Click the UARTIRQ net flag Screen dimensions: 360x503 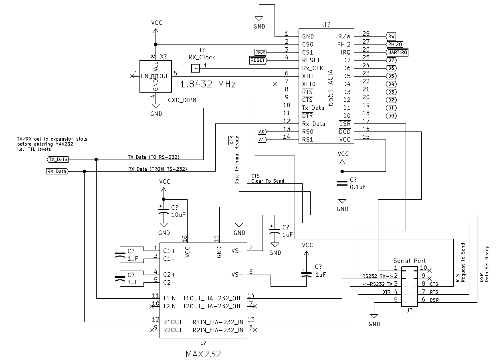(397, 52)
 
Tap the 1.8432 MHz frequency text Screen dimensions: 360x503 (208, 85)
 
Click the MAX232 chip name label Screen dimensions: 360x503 (203, 354)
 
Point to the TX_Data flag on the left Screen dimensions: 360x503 (58, 160)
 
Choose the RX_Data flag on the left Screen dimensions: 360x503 (57, 172)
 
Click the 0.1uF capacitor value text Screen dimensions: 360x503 (358, 187)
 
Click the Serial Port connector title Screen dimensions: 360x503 (410, 261)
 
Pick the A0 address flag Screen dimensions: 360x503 (262, 131)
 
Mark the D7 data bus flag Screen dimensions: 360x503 (391, 60)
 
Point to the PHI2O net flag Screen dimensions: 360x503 (395, 44)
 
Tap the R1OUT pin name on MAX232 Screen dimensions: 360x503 (173, 322)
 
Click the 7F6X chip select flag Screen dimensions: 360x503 (261, 52)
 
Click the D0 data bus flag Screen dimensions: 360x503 (391, 115)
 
